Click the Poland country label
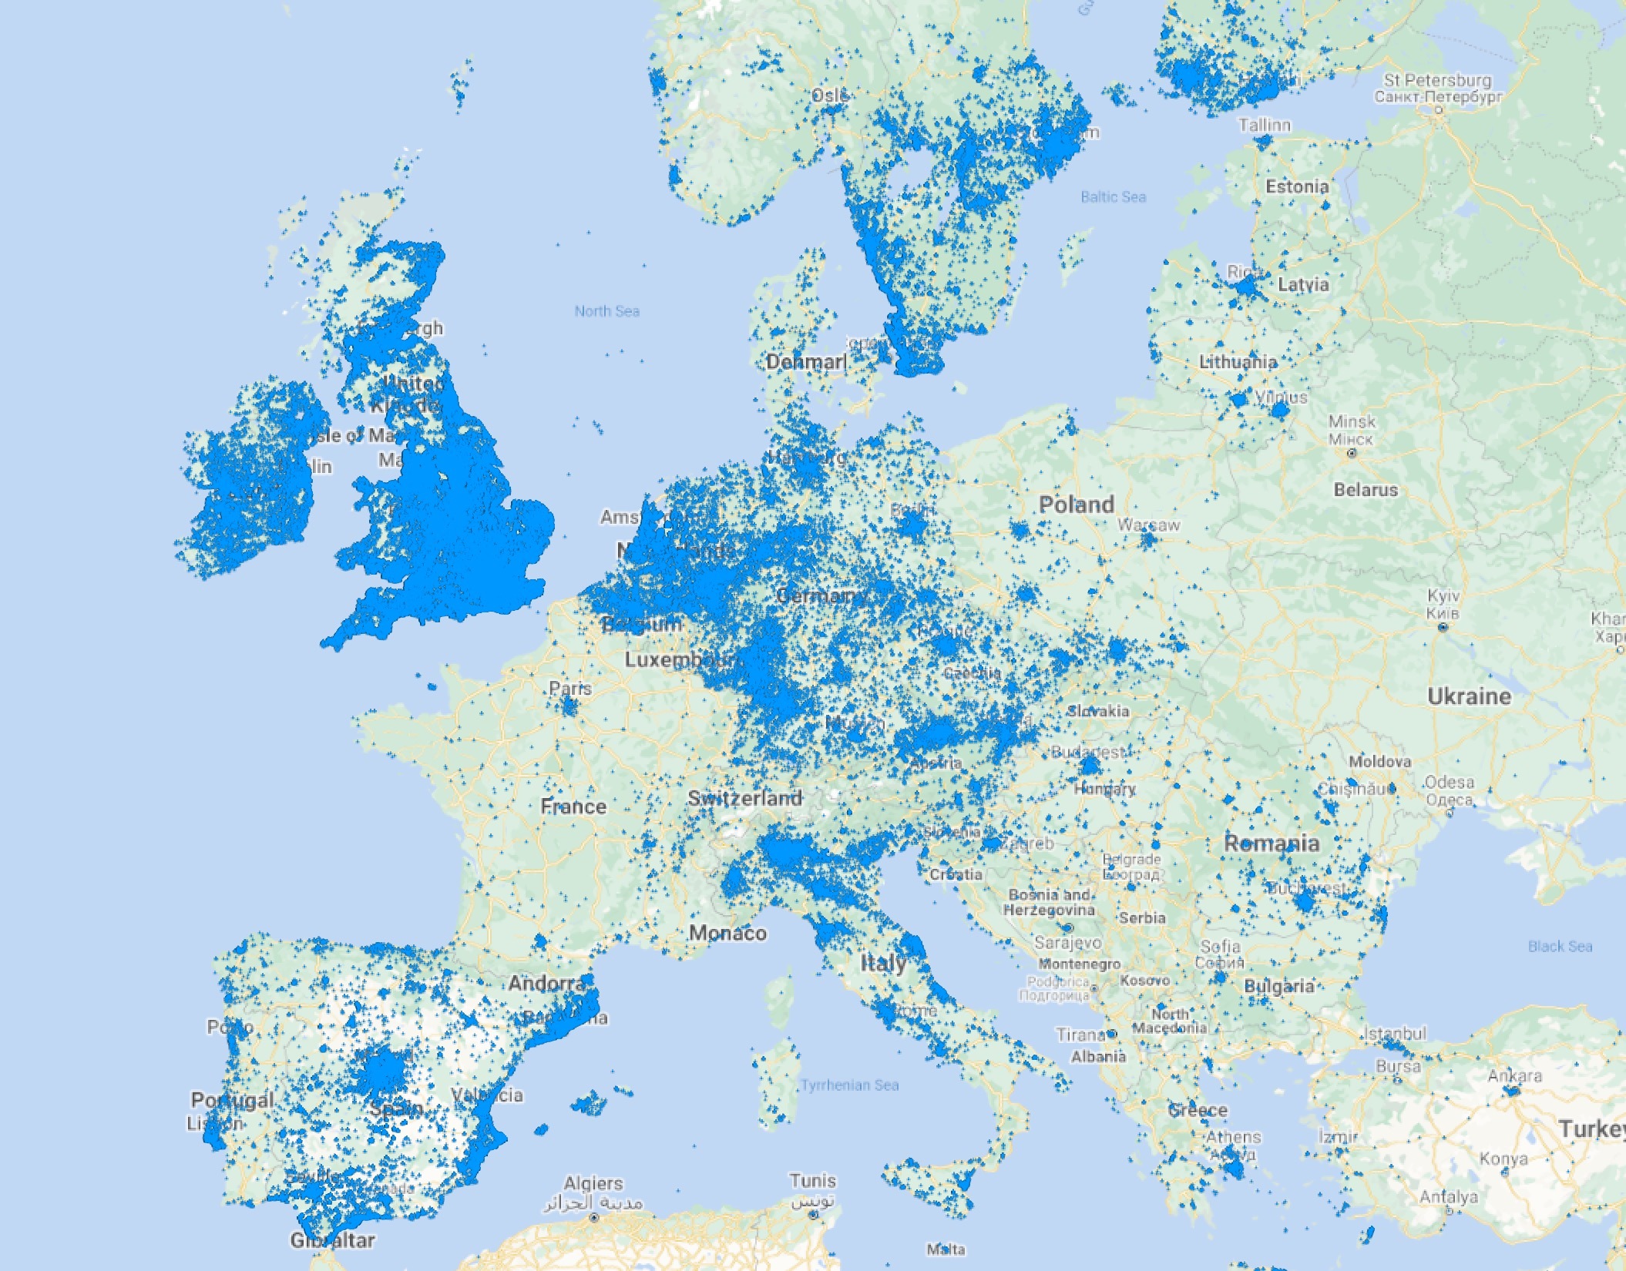coord(1077,505)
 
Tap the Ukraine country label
coord(1469,696)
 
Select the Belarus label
coord(1366,489)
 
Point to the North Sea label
coord(607,311)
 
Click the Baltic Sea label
coord(1113,197)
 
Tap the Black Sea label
coord(1560,946)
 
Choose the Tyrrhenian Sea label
coord(849,1085)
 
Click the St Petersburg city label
coord(1438,80)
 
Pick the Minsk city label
coord(1352,421)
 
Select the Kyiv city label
coord(1443,596)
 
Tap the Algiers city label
coord(593,1183)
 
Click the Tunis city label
coord(812,1180)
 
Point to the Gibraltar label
coord(333,1240)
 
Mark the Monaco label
coord(727,933)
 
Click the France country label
coord(573,807)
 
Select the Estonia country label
coord(1297,186)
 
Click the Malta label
coord(946,1249)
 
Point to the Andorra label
coord(546,983)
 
